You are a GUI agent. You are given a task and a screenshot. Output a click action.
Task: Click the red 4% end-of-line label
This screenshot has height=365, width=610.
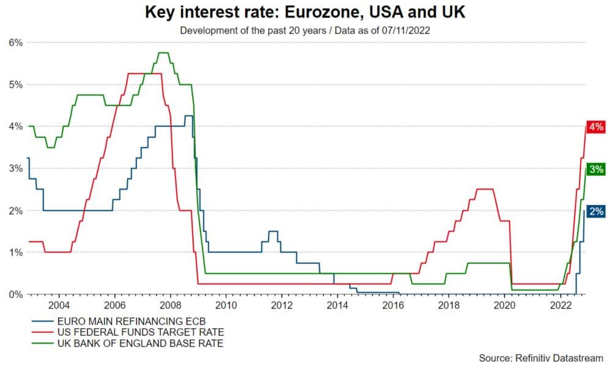tap(595, 127)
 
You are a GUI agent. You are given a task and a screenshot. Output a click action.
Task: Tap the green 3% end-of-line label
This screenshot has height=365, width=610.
tap(595, 169)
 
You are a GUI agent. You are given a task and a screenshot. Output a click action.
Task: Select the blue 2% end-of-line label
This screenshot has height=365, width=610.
tap(595, 212)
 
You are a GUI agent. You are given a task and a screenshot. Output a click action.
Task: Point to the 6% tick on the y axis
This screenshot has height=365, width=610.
tap(15, 43)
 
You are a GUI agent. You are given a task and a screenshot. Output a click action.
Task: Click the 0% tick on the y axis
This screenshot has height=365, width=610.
tap(15, 294)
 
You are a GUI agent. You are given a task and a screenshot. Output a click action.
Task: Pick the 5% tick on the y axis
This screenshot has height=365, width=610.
tap(15, 84)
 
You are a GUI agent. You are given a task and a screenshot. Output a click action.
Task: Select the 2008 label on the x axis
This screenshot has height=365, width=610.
tap(170, 304)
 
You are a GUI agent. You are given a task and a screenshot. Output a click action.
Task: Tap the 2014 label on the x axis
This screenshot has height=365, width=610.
tap(338, 304)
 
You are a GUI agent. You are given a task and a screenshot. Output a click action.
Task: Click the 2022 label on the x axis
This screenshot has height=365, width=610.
tap(560, 304)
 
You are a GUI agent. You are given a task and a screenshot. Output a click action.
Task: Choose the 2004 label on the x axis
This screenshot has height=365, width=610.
tap(59, 304)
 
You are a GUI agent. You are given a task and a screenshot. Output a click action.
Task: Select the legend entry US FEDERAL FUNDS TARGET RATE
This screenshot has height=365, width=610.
tap(132, 331)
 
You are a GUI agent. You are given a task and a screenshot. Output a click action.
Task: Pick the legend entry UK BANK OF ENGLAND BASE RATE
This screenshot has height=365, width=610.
tap(132, 344)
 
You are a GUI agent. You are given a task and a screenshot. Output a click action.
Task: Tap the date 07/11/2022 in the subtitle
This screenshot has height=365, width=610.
tap(417, 28)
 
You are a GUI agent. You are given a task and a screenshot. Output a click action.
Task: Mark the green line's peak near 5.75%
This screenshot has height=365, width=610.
tap(163, 53)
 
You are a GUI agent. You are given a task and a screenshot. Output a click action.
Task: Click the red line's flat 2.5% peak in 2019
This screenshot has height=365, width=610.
tap(485, 189)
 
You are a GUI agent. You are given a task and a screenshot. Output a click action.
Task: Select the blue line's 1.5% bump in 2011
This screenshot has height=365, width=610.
tap(273, 231)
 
